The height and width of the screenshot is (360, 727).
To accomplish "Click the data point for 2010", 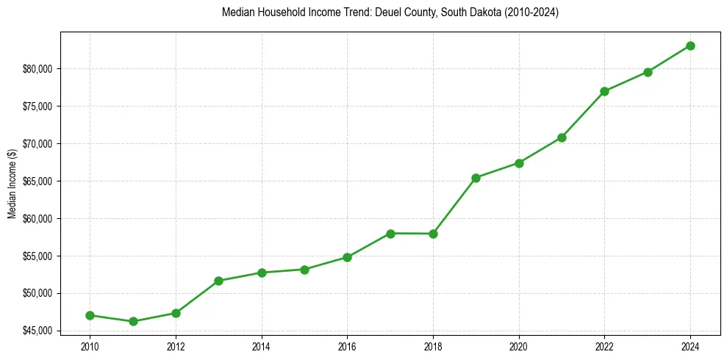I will [90, 315].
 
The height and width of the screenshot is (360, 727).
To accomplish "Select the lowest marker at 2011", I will [133, 321].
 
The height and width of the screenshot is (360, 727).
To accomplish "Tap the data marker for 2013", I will [218, 281].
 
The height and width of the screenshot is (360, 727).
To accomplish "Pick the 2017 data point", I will [390, 234].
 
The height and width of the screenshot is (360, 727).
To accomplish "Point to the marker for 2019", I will [476, 178].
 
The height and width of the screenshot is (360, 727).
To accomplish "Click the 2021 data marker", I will [562, 137].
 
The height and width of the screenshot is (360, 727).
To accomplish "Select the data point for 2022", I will [604, 91].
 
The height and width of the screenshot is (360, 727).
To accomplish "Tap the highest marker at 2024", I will [690, 46].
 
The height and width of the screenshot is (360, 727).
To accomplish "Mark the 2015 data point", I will [304, 270].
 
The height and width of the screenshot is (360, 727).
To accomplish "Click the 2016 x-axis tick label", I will [347, 345].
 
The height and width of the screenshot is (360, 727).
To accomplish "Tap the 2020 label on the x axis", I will [519, 345].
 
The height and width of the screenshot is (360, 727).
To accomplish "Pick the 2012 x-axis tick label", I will [176, 345].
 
